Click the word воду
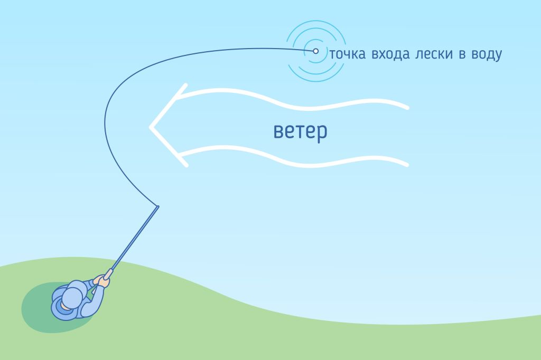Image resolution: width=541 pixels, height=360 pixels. click(484, 55)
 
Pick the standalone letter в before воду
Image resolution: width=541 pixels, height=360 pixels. click(461, 55)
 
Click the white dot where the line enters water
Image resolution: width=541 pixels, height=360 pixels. click(316, 51)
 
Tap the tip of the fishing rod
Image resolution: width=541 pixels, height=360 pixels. click(157, 206)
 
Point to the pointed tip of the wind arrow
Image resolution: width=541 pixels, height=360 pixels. click(151, 127)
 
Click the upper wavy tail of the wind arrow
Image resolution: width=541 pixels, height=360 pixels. click(296, 98)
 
